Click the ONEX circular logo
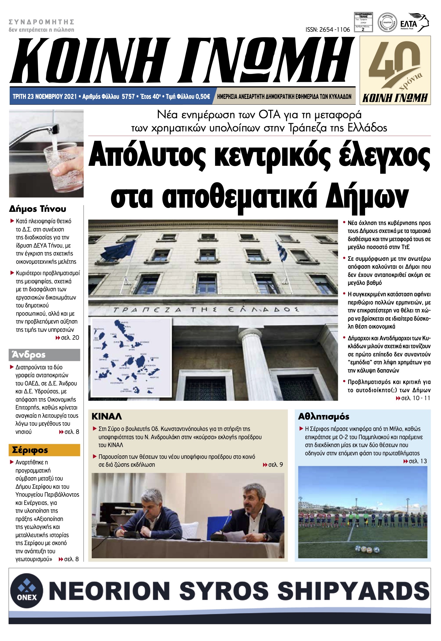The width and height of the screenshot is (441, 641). point(27,590)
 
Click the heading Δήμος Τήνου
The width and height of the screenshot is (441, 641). point(38,209)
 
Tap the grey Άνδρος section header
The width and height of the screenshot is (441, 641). point(44,355)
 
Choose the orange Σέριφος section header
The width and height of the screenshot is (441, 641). point(44,450)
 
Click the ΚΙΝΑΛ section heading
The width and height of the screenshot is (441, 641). point(107,417)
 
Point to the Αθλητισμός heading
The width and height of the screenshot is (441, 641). point(323,417)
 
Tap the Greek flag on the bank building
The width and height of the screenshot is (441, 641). point(282,251)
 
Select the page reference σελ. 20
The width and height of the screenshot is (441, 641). point(70,338)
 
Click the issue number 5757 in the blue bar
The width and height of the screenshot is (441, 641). point(128,97)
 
